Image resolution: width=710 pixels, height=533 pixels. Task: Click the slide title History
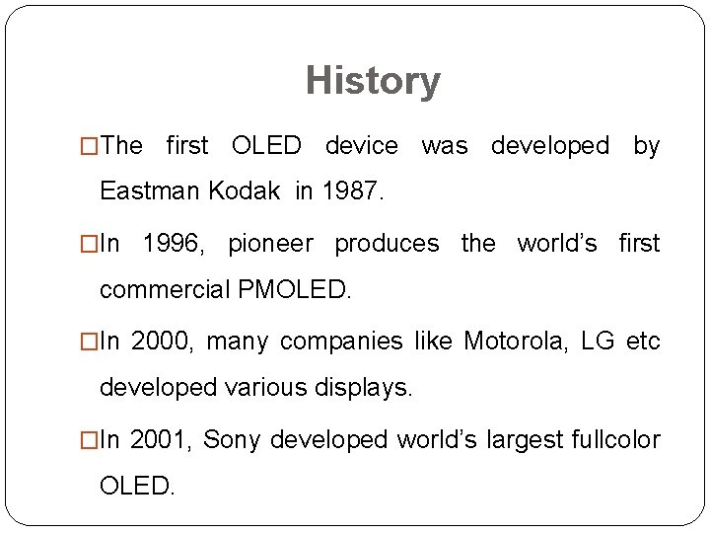(373, 81)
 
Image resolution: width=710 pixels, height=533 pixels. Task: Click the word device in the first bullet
(361, 147)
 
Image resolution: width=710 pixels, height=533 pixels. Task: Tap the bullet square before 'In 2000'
(92, 341)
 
